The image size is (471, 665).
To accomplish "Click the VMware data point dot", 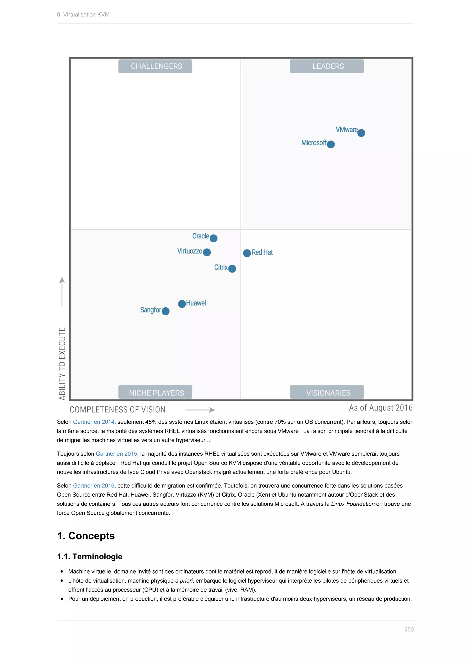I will tap(361, 133).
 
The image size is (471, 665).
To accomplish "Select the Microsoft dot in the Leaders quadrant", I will tap(331, 144).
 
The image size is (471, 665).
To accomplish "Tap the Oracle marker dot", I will tap(213, 238).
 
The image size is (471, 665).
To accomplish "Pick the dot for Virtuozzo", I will tap(207, 252).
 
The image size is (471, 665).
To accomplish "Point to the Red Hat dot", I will tap(247, 253).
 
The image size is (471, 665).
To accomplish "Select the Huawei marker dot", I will tap(182, 304).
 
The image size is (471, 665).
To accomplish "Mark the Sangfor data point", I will tap(166, 311).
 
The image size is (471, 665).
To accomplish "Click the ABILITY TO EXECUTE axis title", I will tap(62, 363).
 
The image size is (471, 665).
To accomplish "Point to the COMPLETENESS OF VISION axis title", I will tap(118, 410).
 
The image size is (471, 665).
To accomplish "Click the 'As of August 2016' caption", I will tap(381, 408).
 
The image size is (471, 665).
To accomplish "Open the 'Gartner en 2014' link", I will tap(94, 422).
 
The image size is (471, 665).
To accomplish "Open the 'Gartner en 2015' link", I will tap(116, 454).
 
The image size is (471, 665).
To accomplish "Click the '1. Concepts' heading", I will tap(86, 536).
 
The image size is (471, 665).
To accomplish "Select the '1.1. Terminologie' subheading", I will tap(90, 556).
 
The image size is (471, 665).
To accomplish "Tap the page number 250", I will tap(409, 629).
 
